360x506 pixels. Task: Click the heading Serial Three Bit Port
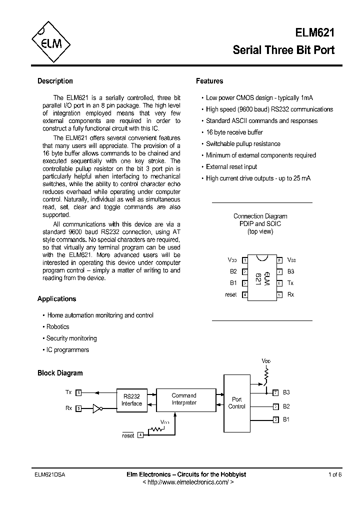point(284,50)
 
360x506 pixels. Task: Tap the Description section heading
point(55,81)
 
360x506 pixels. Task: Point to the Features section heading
point(209,81)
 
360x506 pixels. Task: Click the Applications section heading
point(56,299)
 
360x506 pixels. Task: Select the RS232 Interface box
point(132,400)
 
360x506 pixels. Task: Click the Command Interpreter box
point(184,399)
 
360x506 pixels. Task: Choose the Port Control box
point(236,403)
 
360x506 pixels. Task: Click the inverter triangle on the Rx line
point(97,408)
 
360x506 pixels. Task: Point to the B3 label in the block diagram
point(286,392)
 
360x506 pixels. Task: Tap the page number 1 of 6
point(334,474)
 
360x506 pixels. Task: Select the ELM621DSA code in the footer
point(51,474)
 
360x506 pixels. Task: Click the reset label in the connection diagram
point(230,295)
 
